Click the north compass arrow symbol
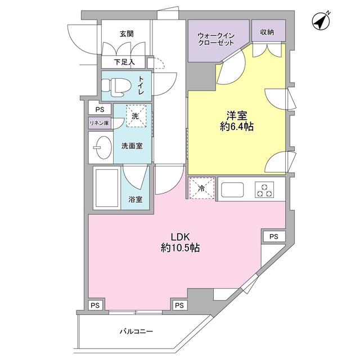point(321,22)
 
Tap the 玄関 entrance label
point(127,34)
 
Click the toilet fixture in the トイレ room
point(115,86)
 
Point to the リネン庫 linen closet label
point(98,123)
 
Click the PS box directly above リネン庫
point(99,110)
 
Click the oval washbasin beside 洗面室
point(101,147)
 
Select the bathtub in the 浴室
point(106,189)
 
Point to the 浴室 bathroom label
point(135,199)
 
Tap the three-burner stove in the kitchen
point(264,190)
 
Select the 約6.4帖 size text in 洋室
point(236,128)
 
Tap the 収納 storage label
point(267,32)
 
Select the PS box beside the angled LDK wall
point(274,236)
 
